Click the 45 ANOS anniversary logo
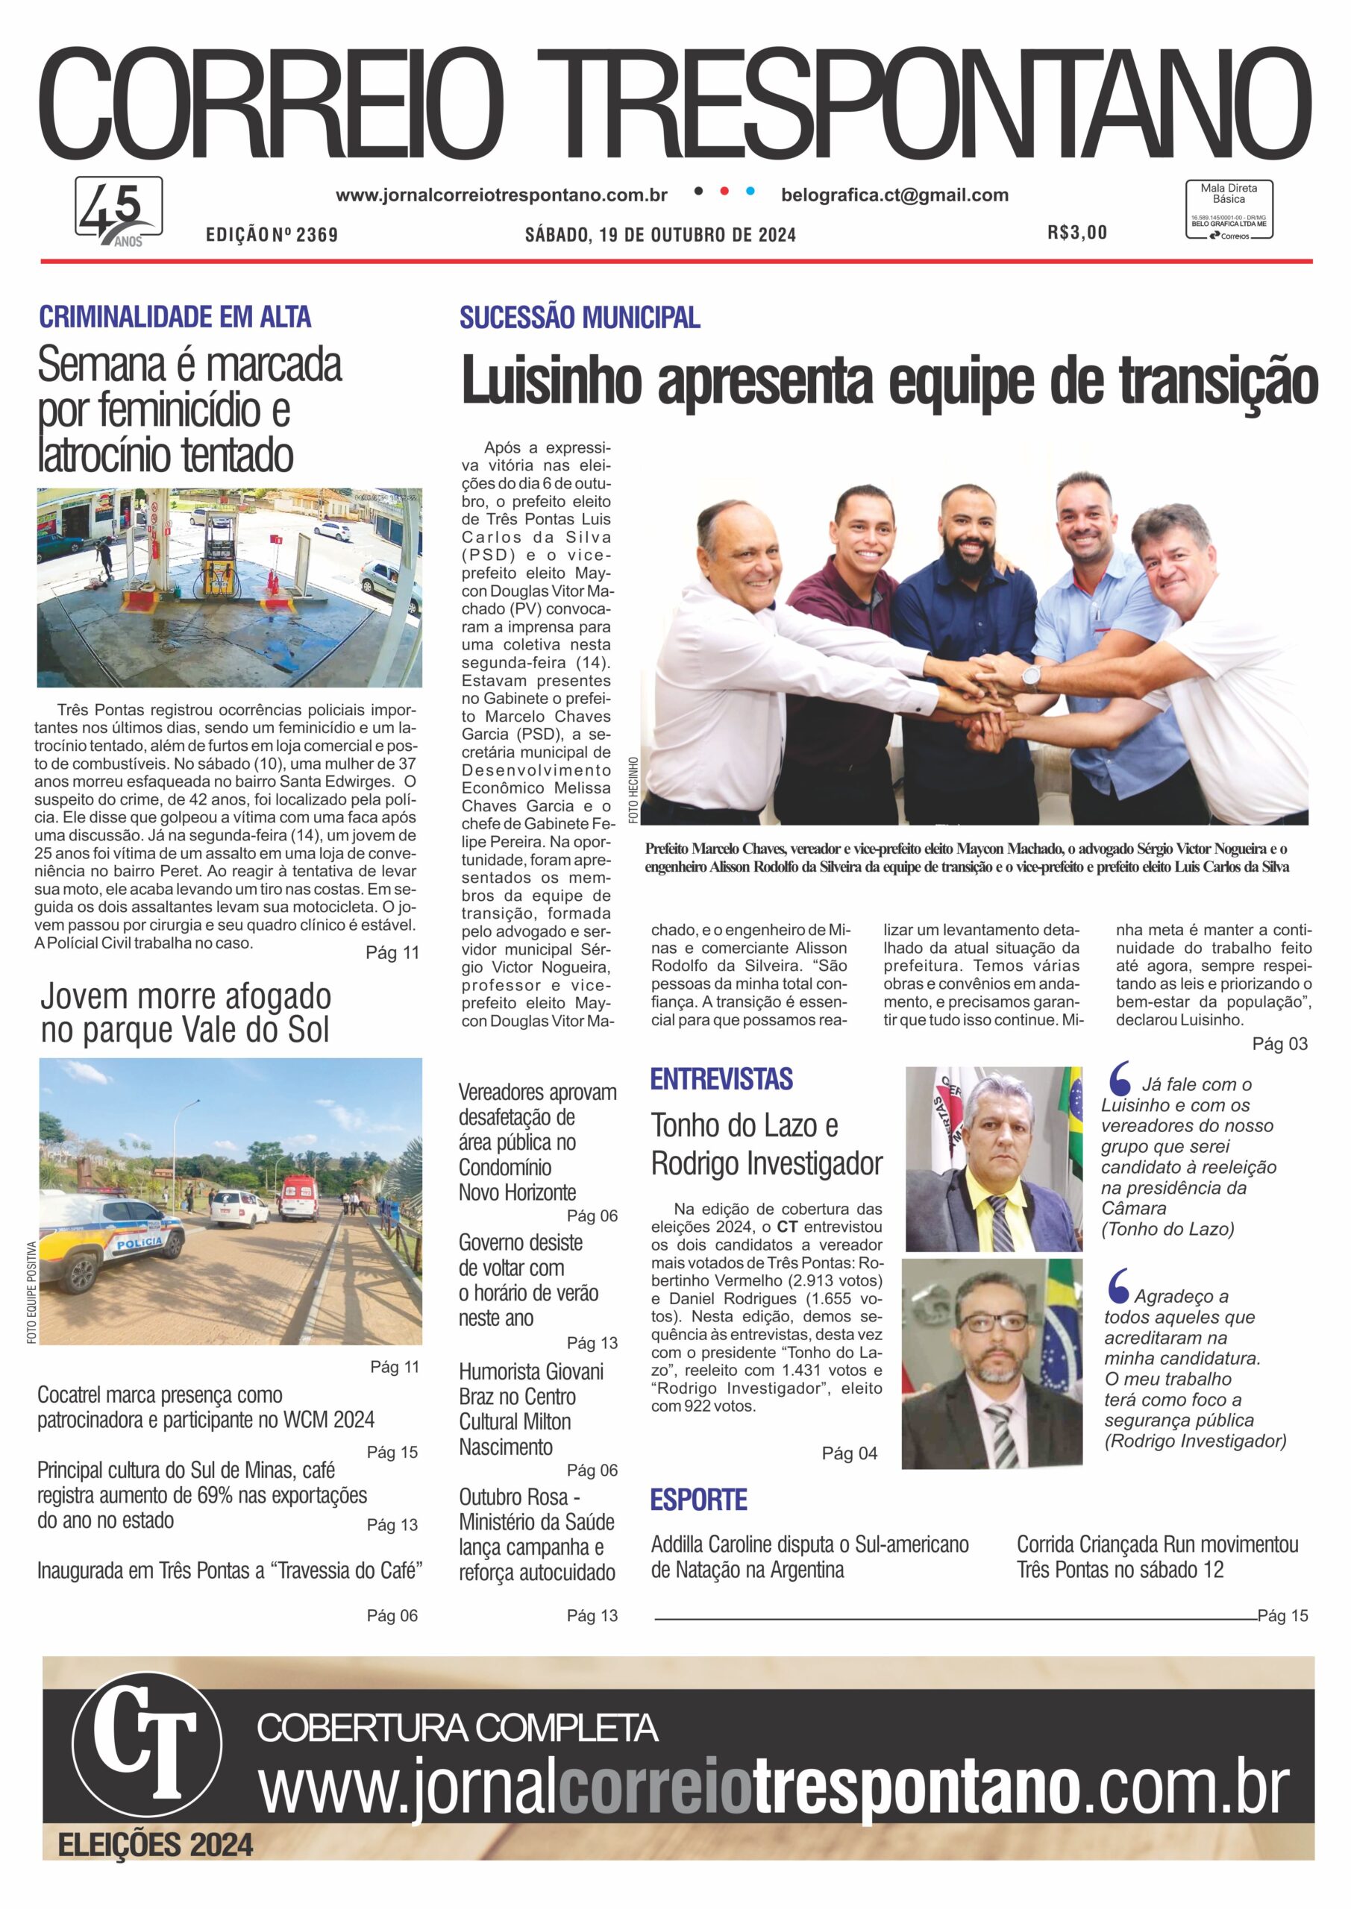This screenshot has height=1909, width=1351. [x=119, y=211]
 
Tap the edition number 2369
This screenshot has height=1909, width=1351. [x=316, y=236]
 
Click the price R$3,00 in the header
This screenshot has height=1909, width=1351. [x=1077, y=233]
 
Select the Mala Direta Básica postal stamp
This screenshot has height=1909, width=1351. [x=1229, y=210]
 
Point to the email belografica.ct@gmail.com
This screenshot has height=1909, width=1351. [x=894, y=195]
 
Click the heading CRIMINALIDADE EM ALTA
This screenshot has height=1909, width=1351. [x=175, y=317]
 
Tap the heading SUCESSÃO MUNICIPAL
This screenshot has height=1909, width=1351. [x=580, y=318]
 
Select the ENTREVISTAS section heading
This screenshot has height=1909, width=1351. [x=721, y=1079]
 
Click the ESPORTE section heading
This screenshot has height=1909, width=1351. [x=699, y=1500]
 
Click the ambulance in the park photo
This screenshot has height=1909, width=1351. [x=299, y=1198]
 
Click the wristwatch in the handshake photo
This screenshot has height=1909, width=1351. [x=1032, y=677]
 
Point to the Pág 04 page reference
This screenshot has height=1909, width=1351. [x=850, y=1453]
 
